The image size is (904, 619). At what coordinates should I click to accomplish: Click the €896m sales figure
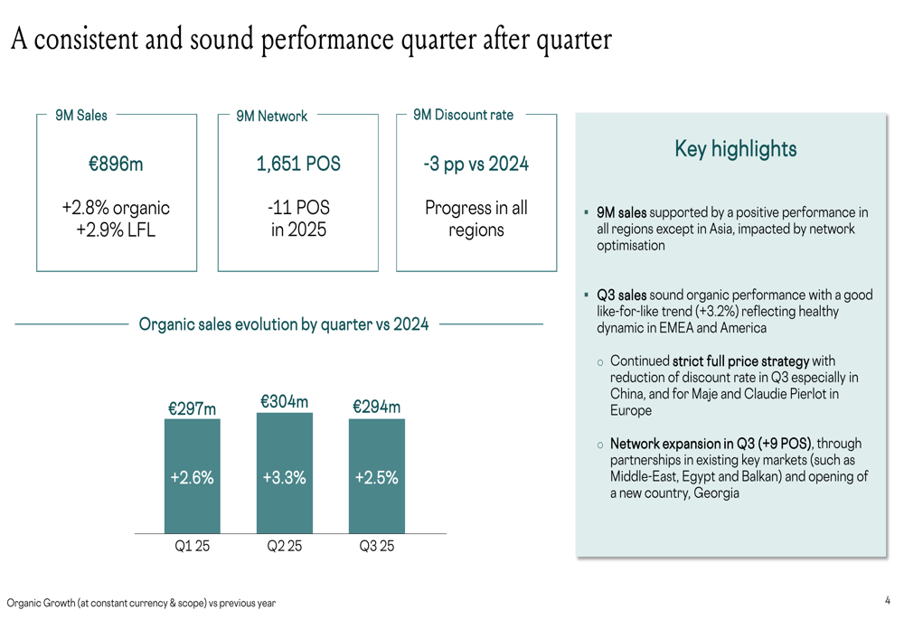(116, 164)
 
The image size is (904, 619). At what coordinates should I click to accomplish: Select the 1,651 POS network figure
(298, 164)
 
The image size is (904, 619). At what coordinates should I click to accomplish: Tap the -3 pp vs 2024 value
(476, 164)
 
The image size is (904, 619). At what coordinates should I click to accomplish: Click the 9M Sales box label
(81, 115)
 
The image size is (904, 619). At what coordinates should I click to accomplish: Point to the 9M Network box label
(271, 117)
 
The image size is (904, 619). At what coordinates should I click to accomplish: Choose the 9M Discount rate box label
(463, 115)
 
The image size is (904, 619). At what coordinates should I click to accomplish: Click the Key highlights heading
(736, 149)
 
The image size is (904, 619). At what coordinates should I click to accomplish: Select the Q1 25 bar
(192, 476)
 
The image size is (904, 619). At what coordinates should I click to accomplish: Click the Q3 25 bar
(377, 476)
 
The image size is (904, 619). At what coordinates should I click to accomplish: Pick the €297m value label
(193, 408)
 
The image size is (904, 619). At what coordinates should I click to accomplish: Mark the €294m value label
(377, 407)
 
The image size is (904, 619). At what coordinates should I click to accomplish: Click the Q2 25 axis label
(285, 547)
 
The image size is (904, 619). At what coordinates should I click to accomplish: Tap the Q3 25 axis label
(377, 547)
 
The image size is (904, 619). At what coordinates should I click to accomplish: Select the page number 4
(888, 600)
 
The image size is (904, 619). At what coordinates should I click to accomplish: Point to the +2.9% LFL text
(116, 230)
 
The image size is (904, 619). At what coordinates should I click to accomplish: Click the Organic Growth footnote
(141, 603)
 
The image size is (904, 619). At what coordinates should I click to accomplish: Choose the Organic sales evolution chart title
(284, 324)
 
